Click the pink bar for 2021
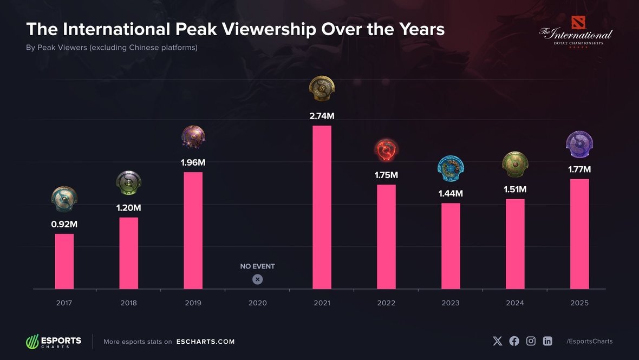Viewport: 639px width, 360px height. point(322,207)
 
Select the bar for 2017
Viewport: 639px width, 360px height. point(64,261)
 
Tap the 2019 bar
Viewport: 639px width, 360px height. point(193,230)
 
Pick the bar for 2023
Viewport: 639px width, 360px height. point(451,246)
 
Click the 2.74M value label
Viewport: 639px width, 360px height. point(322,116)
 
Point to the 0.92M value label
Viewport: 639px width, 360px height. point(64,224)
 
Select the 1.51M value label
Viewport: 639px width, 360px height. point(515,189)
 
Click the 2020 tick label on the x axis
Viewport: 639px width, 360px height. point(257,303)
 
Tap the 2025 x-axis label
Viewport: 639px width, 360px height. point(579,303)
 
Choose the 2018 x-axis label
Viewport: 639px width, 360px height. point(129,303)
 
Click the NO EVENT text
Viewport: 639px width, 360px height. point(257,266)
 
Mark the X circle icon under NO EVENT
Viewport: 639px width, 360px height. point(257,279)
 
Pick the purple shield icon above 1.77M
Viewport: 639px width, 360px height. point(579,143)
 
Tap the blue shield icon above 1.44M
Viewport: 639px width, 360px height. point(451,168)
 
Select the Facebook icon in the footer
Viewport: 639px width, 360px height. point(514,341)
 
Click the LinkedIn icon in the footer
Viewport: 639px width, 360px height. point(547,341)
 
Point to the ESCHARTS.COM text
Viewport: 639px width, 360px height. point(205,342)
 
